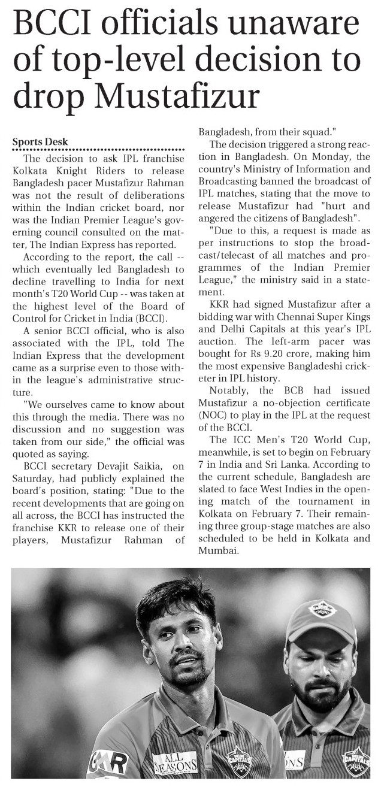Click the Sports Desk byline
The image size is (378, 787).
(41, 142)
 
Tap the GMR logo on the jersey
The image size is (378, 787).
(108, 762)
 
